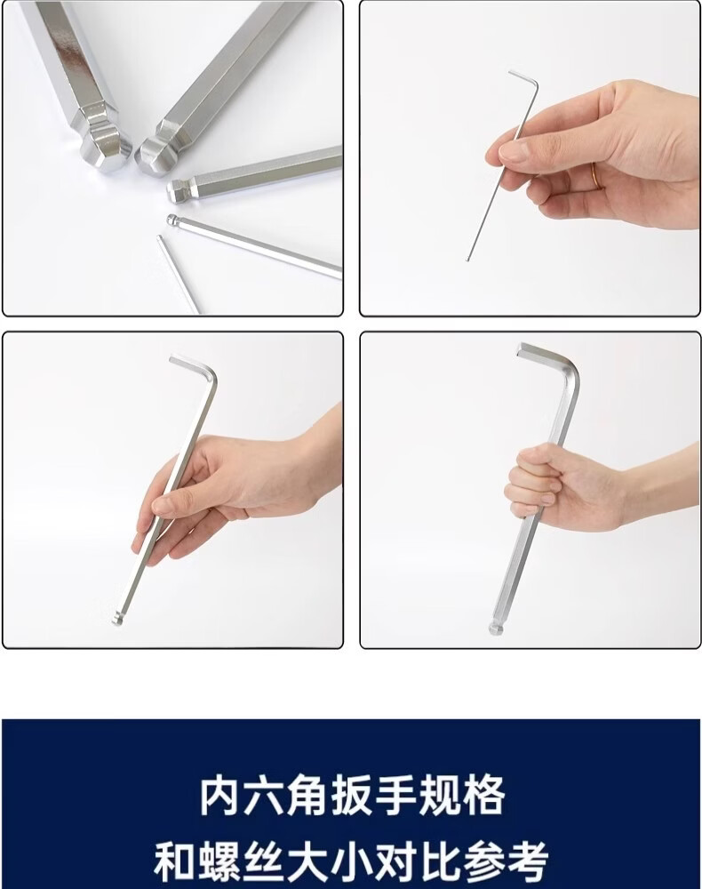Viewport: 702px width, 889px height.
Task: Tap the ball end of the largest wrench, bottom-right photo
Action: pos(495,627)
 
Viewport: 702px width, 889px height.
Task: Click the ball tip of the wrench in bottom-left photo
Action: pos(116,619)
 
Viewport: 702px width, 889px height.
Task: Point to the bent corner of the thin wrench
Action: pos(536,85)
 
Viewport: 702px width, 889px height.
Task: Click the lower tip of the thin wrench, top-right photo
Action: pos(467,260)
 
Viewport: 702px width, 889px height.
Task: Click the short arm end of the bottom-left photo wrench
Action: pos(172,359)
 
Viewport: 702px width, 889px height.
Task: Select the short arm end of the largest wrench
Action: pos(520,348)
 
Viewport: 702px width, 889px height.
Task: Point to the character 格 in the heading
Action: pos(483,796)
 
